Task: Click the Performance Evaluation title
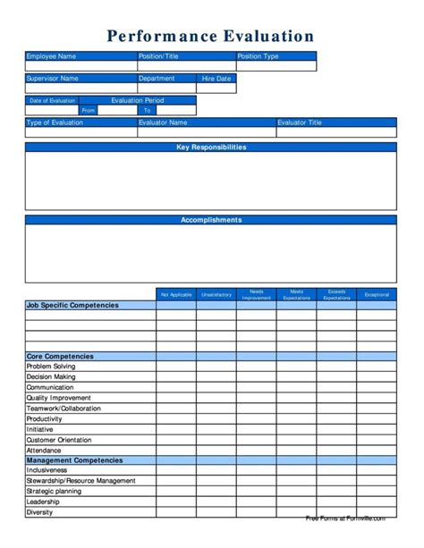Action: click(211, 37)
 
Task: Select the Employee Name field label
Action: click(52, 56)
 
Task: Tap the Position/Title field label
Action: click(159, 56)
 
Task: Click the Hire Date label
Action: click(216, 79)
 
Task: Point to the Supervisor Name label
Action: click(53, 79)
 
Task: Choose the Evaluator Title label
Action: click(300, 122)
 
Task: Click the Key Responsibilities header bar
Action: click(211, 147)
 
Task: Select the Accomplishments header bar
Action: click(211, 219)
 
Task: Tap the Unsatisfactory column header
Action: click(216, 294)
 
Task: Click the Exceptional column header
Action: click(377, 294)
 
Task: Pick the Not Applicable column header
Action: click(176, 294)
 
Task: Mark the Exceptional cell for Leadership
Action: click(377, 502)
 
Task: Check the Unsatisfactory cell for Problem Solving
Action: click(216, 367)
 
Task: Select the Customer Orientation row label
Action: click(60, 440)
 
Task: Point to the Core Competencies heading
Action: click(60, 356)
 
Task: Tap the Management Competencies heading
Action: click(74, 460)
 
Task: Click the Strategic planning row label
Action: click(54, 491)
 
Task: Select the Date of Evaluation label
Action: click(52, 101)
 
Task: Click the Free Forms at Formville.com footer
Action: click(345, 518)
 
